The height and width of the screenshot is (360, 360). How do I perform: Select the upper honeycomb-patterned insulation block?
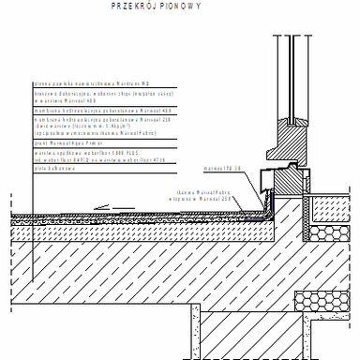[x=324, y=234]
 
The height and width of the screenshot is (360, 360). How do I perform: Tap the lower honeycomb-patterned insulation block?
[x=324, y=302]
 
